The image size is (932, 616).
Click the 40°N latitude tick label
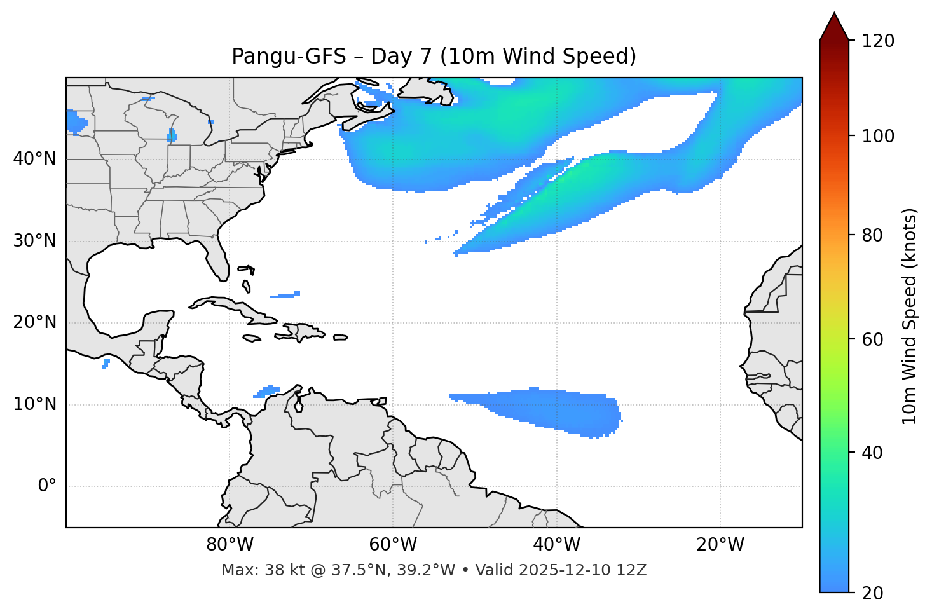click(34, 159)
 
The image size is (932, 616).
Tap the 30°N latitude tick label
click(34, 241)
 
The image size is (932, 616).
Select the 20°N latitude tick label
click(34, 322)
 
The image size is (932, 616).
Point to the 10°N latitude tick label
click(34, 404)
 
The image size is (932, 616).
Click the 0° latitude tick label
click(47, 486)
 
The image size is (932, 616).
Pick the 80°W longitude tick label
click(230, 545)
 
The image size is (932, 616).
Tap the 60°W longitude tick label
click(393, 545)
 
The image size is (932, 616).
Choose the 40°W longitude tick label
click(557, 545)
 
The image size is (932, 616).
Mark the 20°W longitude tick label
click(720, 545)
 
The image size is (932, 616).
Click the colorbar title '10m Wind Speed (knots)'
click(910, 316)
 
